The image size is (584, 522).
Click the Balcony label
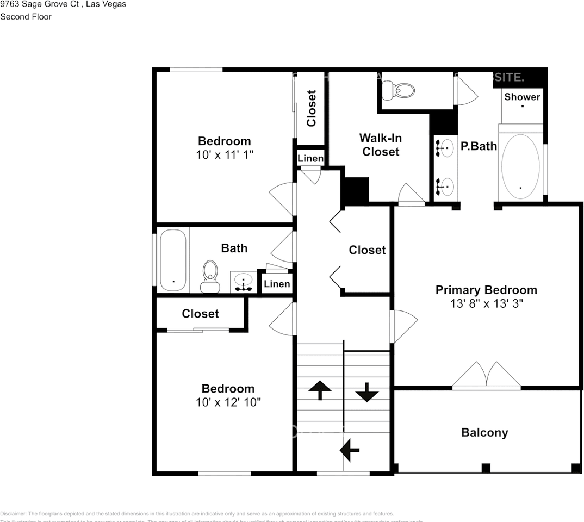(484, 433)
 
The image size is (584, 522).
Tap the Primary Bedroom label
(486, 290)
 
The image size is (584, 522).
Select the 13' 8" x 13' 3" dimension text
(486, 304)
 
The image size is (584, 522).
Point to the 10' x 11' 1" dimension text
(225, 155)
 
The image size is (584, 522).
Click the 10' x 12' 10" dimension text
(228, 403)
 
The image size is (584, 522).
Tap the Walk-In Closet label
(381, 145)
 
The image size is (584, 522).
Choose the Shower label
(522, 97)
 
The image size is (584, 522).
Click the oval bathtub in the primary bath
(520, 162)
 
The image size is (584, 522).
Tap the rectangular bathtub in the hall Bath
(173, 260)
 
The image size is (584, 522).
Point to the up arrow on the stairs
(320, 389)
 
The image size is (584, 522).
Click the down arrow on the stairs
(367, 392)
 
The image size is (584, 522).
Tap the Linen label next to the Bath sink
(277, 284)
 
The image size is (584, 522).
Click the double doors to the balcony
(487, 376)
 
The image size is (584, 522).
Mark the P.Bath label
(479, 146)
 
